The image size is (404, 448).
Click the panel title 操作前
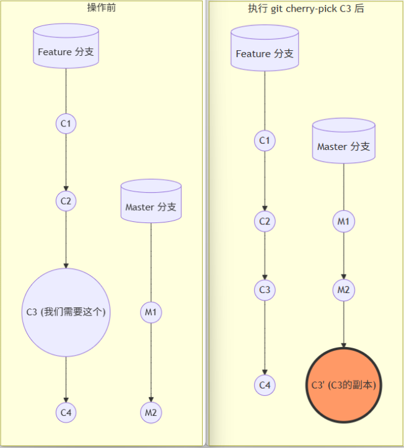click(x=102, y=7)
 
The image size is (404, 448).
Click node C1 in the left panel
click(x=66, y=124)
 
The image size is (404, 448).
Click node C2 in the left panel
click(x=66, y=201)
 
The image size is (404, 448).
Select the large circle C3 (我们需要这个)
click(x=66, y=312)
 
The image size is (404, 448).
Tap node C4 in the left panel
click(x=66, y=412)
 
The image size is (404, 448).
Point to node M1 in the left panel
click(x=151, y=312)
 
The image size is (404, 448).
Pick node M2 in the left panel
click(x=151, y=412)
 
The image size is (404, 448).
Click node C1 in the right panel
click(x=265, y=141)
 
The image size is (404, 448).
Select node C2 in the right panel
click(x=265, y=221)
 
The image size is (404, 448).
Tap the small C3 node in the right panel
click(x=265, y=290)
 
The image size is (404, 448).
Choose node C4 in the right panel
click(x=265, y=385)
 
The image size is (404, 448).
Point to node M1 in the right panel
click(x=343, y=221)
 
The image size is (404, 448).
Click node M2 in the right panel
click(x=343, y=290)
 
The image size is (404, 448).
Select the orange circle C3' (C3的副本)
click(x=343, y=384)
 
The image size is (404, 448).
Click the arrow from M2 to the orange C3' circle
click(x=343, y=322)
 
